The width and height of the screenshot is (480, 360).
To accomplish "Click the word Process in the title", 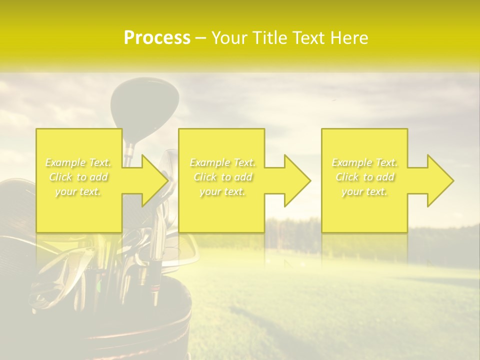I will pos(157,38).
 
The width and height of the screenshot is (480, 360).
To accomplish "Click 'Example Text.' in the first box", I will pos(78,162).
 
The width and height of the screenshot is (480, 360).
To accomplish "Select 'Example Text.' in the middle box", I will pos(222,162).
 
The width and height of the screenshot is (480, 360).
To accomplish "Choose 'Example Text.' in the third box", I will pos(364,162).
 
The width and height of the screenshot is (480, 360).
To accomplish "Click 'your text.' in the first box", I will pos(78,191).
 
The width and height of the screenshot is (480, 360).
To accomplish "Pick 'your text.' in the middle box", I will pos(222,191).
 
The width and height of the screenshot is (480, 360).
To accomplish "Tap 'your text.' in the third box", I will pos(364,191).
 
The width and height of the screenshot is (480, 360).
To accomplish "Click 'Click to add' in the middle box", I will pos(222,177).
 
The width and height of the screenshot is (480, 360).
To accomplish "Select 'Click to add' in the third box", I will pos(364,177).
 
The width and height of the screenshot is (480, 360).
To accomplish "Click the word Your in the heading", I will pos(228,38).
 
